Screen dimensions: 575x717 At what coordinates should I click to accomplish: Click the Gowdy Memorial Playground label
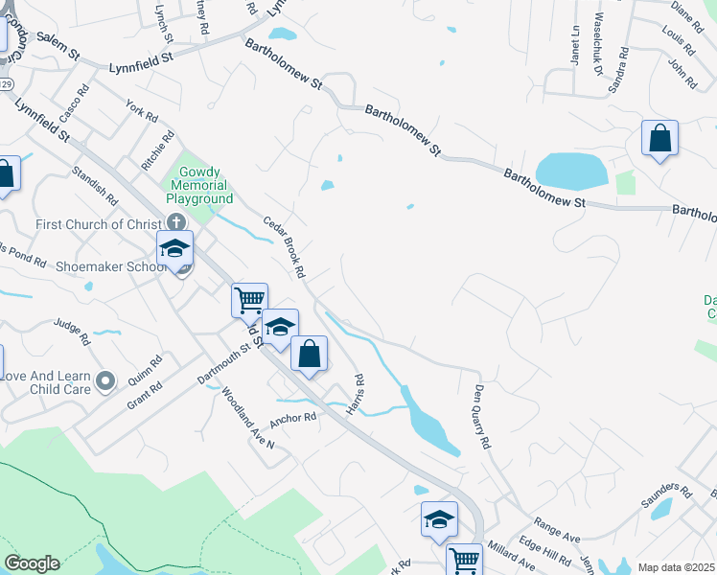pos(199,185)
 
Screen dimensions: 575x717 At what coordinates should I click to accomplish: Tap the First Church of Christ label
pos(95,224)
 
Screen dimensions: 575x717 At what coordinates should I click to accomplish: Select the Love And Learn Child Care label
pos(46,382)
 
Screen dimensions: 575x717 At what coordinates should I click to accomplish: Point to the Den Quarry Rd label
pos(481,418)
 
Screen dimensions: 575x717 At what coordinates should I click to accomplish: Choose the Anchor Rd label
pos(292,419)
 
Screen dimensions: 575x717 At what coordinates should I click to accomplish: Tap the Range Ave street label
pos(559,527)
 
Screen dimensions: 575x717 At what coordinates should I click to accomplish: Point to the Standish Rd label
pos(94,187)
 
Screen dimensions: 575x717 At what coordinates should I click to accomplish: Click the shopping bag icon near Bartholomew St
pos(660,139)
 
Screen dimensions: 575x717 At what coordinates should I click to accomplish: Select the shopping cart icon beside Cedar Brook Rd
pos(249,300)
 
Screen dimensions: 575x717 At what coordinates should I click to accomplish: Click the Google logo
pos(32,563)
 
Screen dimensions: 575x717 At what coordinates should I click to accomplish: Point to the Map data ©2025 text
pos(676,567)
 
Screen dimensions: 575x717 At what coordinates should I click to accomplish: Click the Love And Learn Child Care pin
pos(106,382)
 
